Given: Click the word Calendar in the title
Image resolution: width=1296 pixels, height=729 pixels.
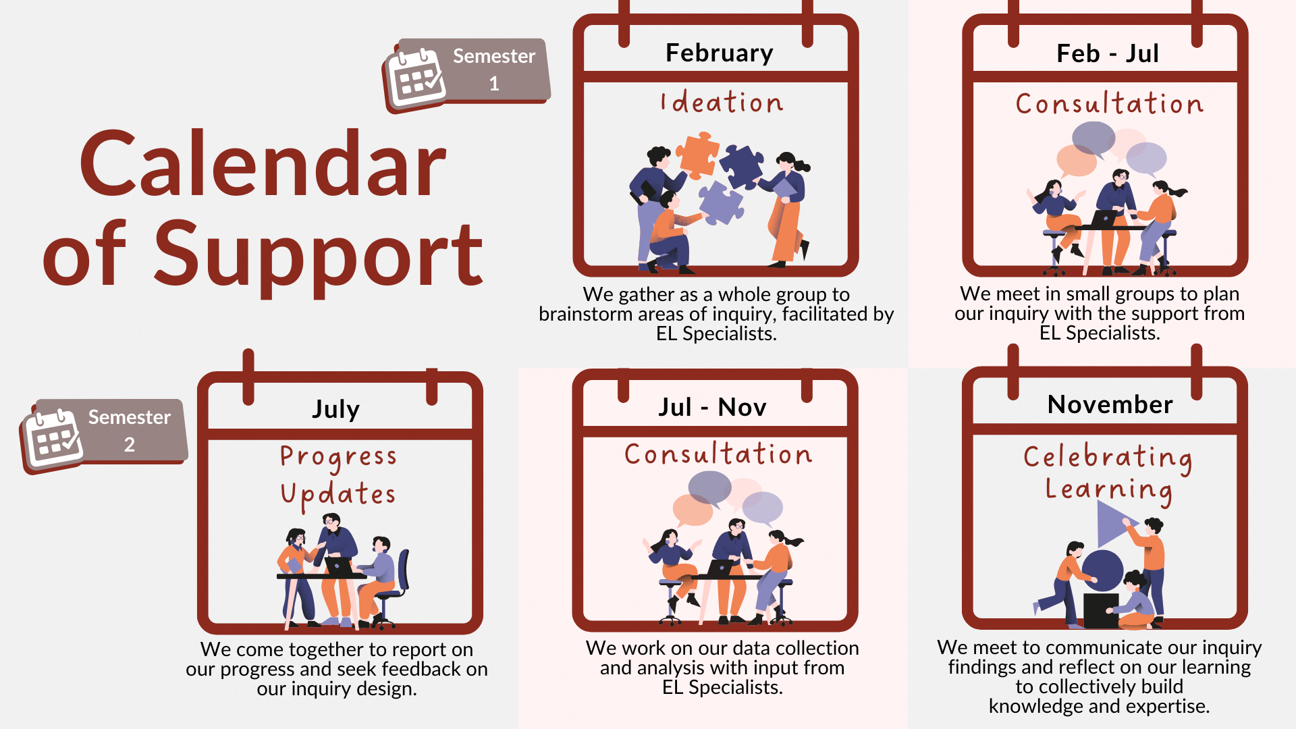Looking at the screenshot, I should (263, 164).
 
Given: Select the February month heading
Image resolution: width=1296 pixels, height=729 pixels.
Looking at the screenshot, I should (719, 53).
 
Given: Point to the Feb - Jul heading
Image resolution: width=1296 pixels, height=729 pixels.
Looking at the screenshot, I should (1108, 53).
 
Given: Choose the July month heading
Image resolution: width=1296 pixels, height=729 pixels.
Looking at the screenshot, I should (336, 409).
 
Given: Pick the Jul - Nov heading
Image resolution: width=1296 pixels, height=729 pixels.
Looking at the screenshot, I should (712, 407).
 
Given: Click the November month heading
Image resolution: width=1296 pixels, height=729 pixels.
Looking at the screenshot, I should (1110, 404).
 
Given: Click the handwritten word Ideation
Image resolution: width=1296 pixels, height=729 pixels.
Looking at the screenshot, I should (722, 103).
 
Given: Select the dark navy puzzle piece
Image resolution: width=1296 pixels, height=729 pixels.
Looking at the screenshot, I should (741, 166).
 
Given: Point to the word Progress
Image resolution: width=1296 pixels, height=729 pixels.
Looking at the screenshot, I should (339, 457).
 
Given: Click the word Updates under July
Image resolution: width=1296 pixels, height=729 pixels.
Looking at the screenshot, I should (339, 494).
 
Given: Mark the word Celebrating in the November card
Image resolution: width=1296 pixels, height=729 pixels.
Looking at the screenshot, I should (1108, 457).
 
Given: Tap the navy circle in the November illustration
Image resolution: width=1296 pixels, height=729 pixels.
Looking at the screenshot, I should (1103, 570).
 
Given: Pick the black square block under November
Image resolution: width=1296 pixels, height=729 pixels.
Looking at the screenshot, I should (1100, 610).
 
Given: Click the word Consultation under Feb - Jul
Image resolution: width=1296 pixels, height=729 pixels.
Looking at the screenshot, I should (1109, 104).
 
